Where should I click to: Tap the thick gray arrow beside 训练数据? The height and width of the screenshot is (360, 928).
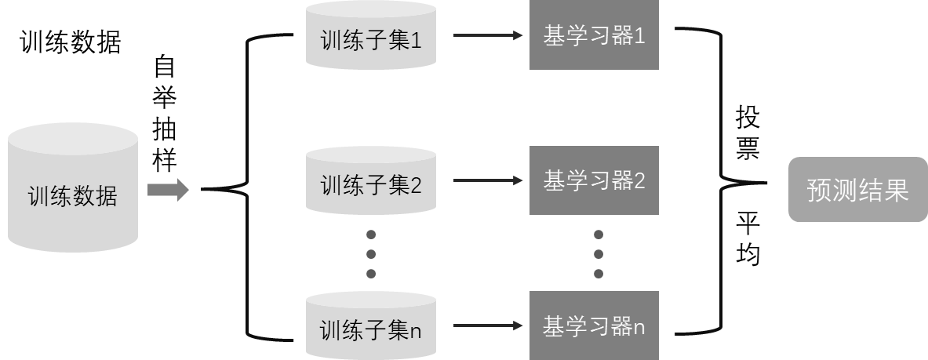click(168, 190)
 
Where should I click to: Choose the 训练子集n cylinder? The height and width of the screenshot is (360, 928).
click(371, 327)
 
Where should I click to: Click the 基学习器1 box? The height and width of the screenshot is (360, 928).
click(594, 36)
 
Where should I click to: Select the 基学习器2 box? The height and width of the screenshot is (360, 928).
click(594, 181)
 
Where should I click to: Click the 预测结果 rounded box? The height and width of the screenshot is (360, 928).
click(857, 190)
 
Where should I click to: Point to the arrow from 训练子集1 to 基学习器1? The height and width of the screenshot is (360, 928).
click(487, 36)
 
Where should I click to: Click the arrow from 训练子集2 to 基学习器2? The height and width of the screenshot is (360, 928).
click(487, 181)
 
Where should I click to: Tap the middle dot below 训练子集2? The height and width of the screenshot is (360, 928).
click(372, 253)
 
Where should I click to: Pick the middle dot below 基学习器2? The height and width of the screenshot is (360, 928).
click(599, 253)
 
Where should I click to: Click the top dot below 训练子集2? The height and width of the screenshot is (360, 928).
click(372, 235)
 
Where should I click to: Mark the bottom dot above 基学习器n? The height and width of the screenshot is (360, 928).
click(599, 273)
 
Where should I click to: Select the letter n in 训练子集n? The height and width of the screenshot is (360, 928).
click(416, 331)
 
